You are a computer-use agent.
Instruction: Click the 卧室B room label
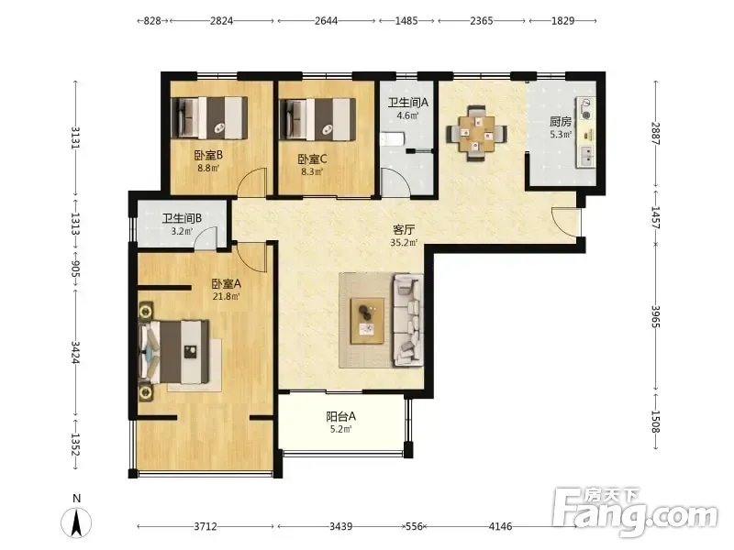pyautogui.click(x=208, y=155)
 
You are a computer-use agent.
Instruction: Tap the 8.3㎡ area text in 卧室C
pyautogui.click(x=312, y=171)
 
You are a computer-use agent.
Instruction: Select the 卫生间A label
pyautogui.click(x=407, y=103)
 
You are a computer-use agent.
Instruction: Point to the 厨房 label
pyautogui.click(x=561, y=122)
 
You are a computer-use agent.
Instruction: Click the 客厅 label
pyautogui.click(x=404, y=230)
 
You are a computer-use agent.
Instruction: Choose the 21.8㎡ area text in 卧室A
pyautogui.click(x=226, y=296)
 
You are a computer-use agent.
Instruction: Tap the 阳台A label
pyautogui.click(x=340, y=416)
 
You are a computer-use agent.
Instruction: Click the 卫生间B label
pyautogui.click(x=182, y=218)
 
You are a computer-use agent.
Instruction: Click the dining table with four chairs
pyautogui.click(x=476, y=133)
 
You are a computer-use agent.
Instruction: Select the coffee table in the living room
pyautogui.click(x=368, y=321)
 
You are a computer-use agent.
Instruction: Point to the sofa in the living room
pyautogui.click(x=407, y=320)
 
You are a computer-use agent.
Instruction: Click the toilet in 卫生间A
pyautogui.click(x=392, y=139)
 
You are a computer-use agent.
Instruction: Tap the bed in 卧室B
pyautogui.click(x=209, y=118)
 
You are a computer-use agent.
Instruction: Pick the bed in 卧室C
pyautogui.click(x=317, y=119)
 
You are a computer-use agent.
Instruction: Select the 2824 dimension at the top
pyautogui.click(x=221, y=20)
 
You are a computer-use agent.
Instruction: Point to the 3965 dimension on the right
pyautogui.click(x=655, y=316)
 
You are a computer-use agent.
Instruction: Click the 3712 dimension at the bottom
pyautogui.click(x=206, y=526)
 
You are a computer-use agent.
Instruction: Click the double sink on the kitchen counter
pyautogui.click(x=586, y=156)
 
